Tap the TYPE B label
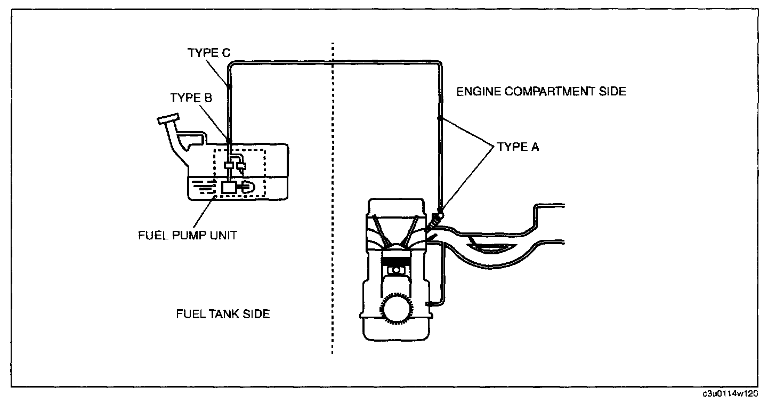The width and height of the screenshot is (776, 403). point(191,98)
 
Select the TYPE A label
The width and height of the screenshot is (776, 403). point(518,147)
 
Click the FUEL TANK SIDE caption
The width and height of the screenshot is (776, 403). point(223,314)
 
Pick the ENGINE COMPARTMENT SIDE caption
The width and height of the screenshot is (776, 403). point(541,92)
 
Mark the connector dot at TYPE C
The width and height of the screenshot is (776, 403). point(230,86)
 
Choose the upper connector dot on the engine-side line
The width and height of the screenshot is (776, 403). point(440,118)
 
